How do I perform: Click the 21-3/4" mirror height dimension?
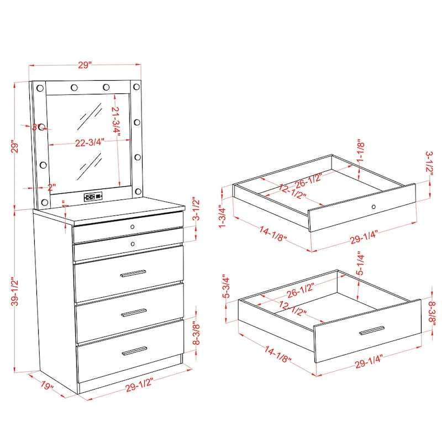coord(116,119)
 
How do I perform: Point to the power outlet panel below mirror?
coord(92,196)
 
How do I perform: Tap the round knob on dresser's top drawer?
coord(133,227)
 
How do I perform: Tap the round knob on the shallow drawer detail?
coord(374,207)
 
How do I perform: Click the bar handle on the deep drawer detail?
coord(371,330)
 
